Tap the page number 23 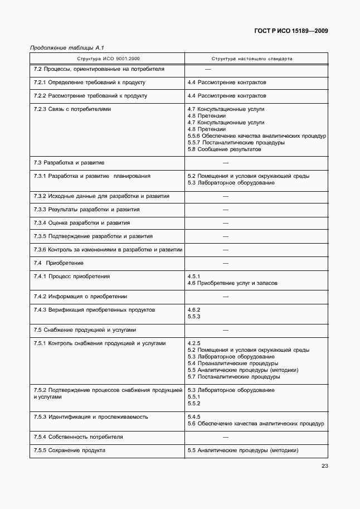click(324, 467)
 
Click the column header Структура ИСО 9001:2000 click(106, 58)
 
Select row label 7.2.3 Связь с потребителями click(72, 109)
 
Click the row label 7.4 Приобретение click(59, 263)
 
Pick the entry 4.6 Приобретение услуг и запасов click(232, 283)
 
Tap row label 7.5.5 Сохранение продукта click(69, 450)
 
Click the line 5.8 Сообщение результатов click(225, 149)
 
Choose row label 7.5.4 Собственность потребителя click(78, 437)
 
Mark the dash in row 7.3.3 click(226, 210)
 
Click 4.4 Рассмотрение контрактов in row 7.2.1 click(227, 83)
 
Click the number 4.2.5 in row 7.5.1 click(194, 343)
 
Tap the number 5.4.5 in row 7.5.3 click(194, 417)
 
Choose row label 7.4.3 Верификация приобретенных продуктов click(94, 310)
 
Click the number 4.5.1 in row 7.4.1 click(194, 277)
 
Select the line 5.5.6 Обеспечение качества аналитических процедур click(256, 136)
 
